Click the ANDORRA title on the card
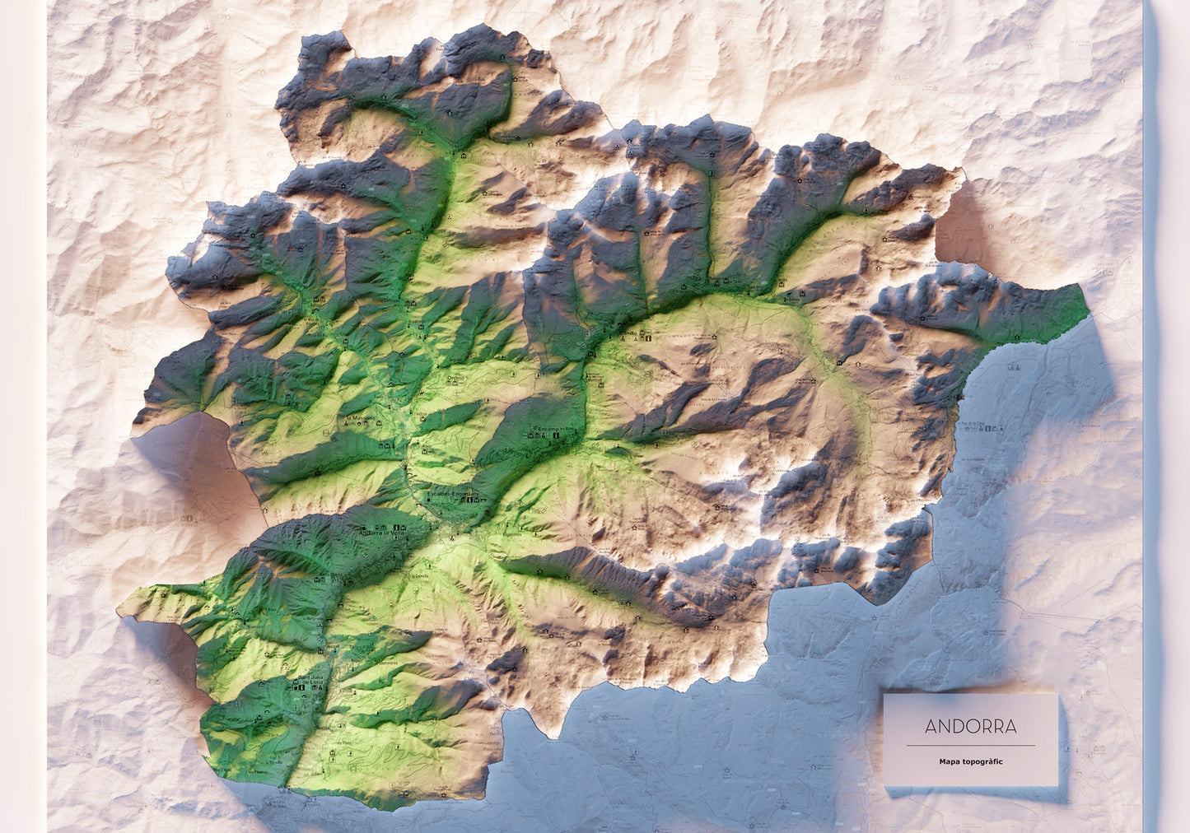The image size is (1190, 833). [x=970, y=727]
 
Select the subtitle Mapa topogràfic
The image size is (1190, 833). [x=970, y=761]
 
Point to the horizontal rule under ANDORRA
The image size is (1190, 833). [x=970, y=746]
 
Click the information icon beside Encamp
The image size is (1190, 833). [x=557, y=440]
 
